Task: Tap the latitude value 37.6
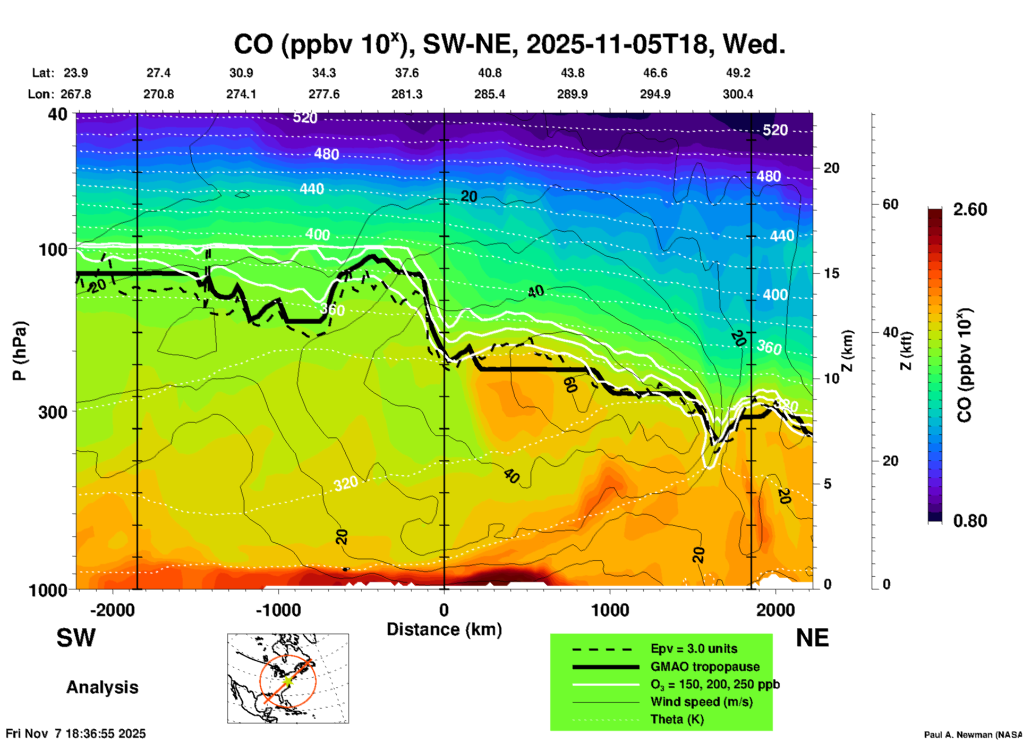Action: (406, 73)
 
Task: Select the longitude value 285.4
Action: (489, 94)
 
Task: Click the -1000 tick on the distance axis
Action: (278, 610)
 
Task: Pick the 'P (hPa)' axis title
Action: (20, 351)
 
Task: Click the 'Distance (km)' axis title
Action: (444, 629)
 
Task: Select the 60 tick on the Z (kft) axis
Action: (890, 205)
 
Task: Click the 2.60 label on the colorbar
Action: (970, 209)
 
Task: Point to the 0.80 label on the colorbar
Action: (970, 521)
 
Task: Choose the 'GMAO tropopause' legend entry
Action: (705, 667)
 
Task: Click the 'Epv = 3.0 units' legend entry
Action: (694, 649)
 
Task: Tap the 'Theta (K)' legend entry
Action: (677, 720)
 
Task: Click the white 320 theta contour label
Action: (346, 484)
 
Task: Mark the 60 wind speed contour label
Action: (570, 384)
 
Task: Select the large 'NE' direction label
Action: (812, 638)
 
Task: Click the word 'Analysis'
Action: (102, 687)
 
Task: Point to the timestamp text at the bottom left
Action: (75, 734)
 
